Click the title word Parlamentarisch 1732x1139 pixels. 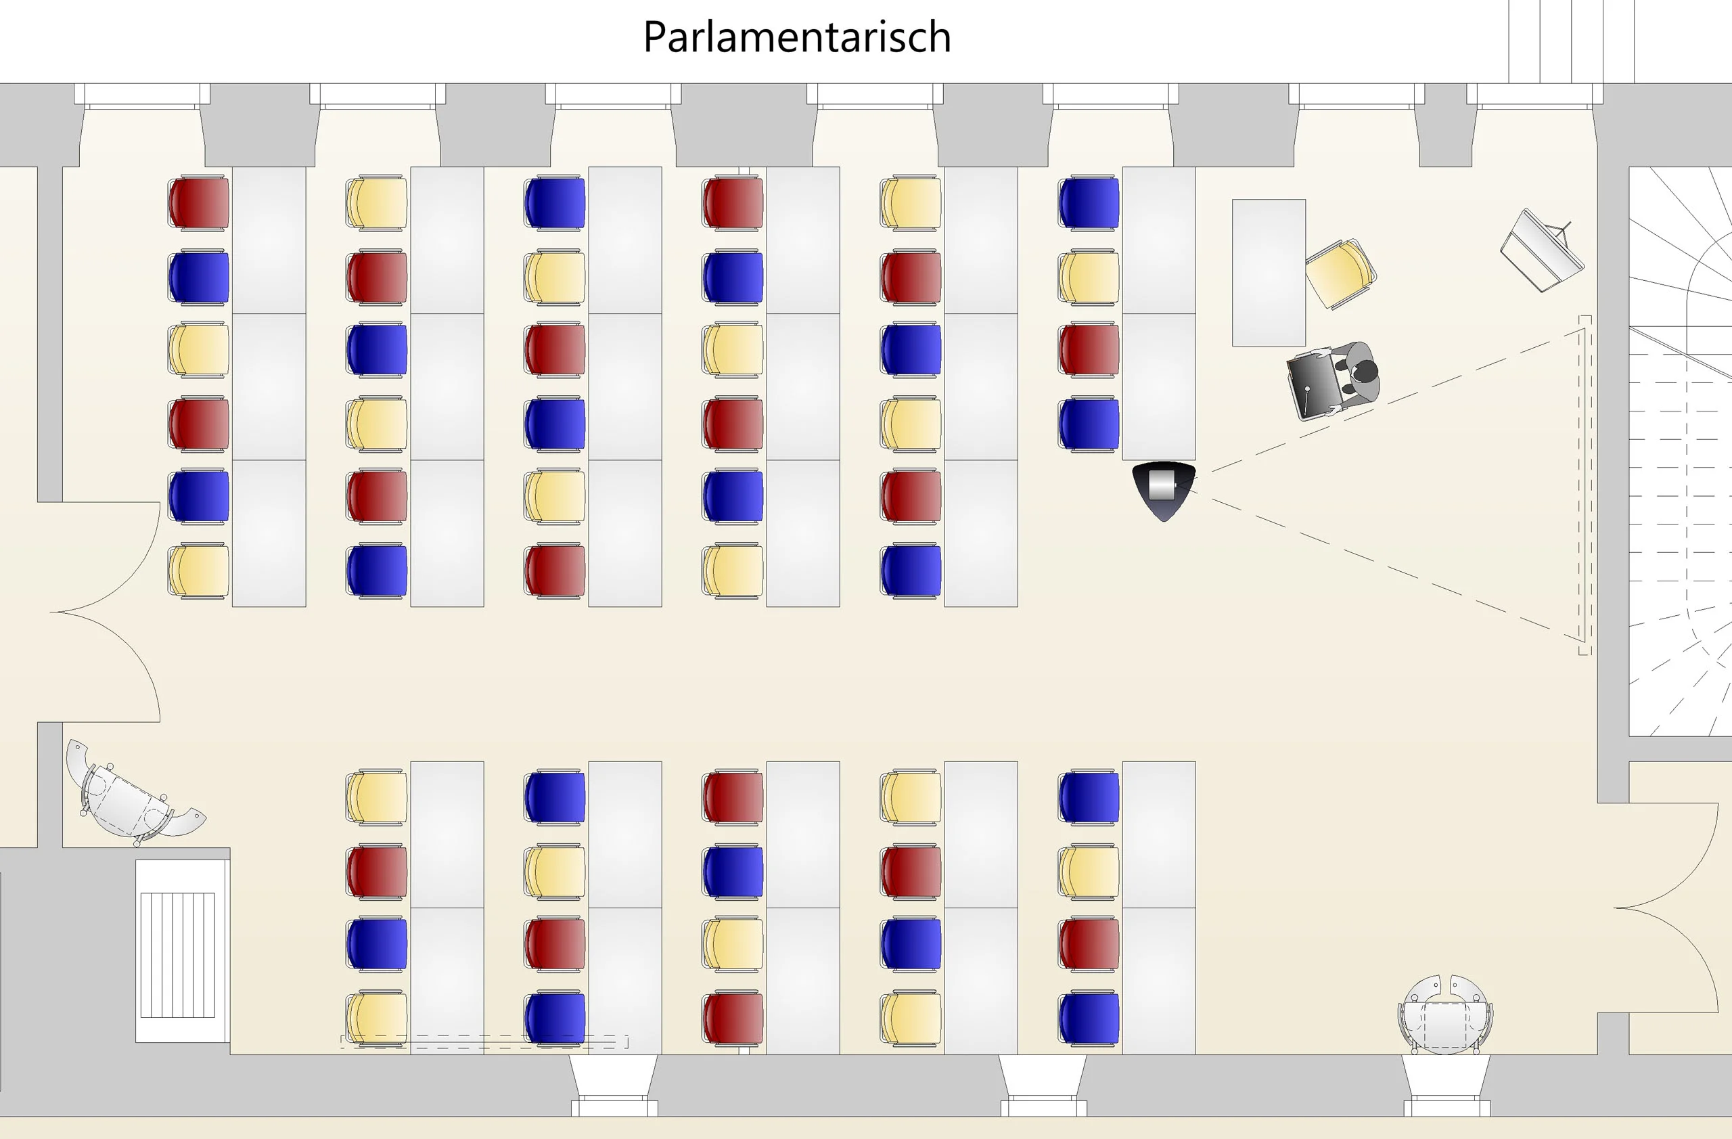[797, 37]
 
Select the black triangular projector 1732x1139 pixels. [1164, 491]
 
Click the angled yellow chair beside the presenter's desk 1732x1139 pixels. [1340, 273]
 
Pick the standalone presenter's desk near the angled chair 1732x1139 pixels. [1269, 272]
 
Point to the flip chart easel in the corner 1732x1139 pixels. [1541, 250]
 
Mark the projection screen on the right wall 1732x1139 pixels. [1585, 485]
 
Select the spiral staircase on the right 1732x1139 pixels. [1680, 451]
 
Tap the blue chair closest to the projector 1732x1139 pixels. [1089, 424]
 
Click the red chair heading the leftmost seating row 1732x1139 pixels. [199, 203]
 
